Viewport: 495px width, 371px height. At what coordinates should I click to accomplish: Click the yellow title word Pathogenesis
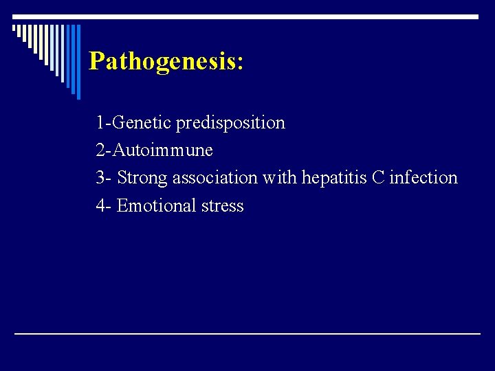[x=162, y=61]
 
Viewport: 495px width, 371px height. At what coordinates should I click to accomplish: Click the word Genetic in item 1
[x=142, y=123]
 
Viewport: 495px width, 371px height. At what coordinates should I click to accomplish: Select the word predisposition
[x=230, y=123]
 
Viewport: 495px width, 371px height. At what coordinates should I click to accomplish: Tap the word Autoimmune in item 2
[x=162, y=150]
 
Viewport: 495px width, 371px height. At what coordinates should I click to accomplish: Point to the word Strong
[x=142, y=178]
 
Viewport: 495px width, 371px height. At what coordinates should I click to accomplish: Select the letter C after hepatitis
[x=378, y=178]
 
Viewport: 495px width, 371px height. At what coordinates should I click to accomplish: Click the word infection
[x=423, y=178]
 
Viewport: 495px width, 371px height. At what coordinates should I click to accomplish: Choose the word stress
[x=222, y=205]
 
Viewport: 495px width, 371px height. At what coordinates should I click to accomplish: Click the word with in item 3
[x=279, y=178]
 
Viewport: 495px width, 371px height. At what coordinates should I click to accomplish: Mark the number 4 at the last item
[x=101, y=205]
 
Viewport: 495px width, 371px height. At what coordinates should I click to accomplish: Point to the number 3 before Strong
[x=101, y=178]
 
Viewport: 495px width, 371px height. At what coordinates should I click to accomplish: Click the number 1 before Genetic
[x=100, y=123]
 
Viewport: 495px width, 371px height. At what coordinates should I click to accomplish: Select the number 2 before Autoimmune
[x=101, y=150]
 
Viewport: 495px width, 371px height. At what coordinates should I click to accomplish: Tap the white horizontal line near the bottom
[x=247, y=333]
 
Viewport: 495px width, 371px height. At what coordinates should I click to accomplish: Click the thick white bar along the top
[x=247, y=16]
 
